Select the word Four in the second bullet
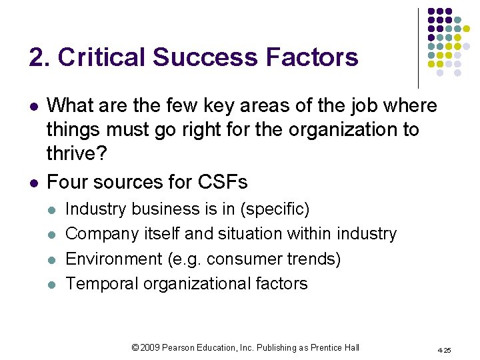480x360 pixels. coord(67,181)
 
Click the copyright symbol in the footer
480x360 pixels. coord(135,347)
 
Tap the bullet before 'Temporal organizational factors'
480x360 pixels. coord(53,284)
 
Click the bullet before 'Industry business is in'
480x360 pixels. coord(53,210)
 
